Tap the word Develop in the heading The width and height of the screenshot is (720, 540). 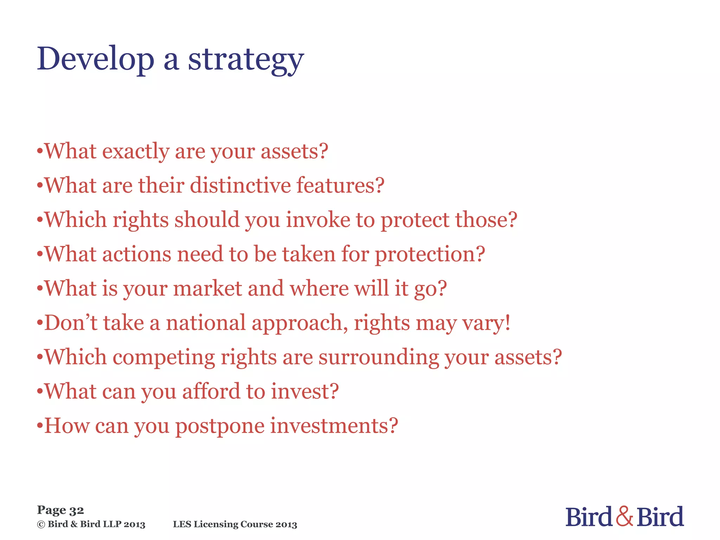[x=95, y=59]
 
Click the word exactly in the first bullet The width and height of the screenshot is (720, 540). [x=136, y=152]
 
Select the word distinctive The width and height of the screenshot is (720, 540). [x=240, y=185]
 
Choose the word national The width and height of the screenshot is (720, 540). [x=206, y=322]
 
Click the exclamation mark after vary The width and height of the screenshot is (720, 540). [x=507, y=322]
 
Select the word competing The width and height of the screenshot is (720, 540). [x=163, y=357]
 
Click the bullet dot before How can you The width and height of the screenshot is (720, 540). [x=40, y=426]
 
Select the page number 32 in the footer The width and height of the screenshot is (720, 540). [x=76, y=510]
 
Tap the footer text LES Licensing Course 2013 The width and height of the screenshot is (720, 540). [x=235, y=524]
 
